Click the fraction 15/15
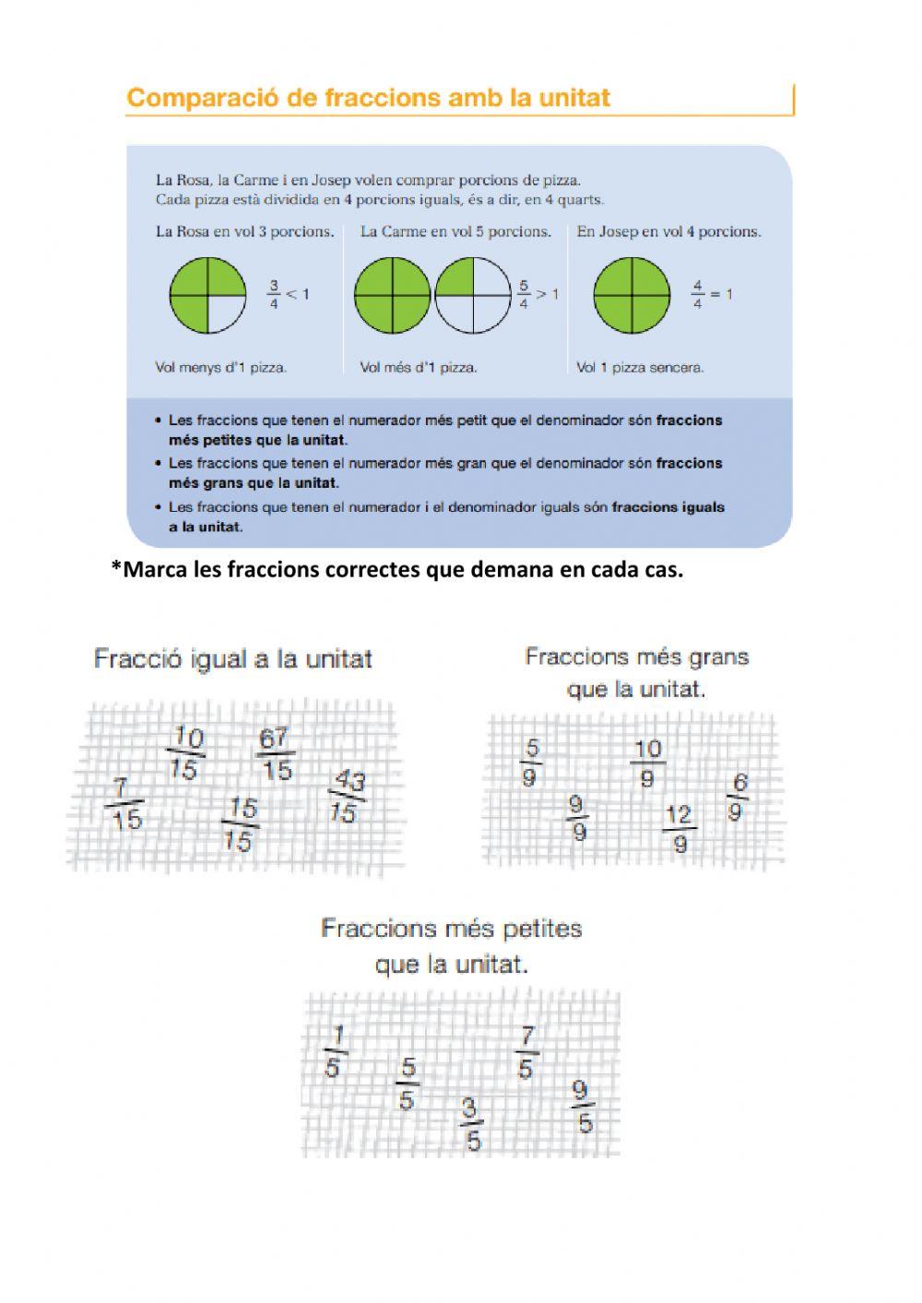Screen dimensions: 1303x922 [x=240, y=824]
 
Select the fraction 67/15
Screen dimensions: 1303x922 [x=275, y=753]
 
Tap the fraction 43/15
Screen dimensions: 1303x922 [x=347, y=797]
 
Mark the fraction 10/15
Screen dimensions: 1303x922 [x=186, y=753]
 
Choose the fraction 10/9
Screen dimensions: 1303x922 [x=647, y=764]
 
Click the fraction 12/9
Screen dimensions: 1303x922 [x=679, y=829]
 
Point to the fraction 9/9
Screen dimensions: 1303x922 [x=577, y=818]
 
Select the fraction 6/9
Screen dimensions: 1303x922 [x=736, y=798]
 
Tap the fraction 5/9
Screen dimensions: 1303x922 [x=531, y=764]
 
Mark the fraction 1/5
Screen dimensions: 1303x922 [x=335, y=1051]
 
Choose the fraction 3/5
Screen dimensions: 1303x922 [x=471, y=1123]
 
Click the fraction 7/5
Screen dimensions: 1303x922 [x=526, y=1051]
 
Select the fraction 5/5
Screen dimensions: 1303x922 [x=407, y=1084]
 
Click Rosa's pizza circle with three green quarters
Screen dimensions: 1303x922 [x=207, y=295]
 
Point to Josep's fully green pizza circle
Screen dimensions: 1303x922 [x=632, y=295]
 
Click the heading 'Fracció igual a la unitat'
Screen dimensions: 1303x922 [x=232, y=659]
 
